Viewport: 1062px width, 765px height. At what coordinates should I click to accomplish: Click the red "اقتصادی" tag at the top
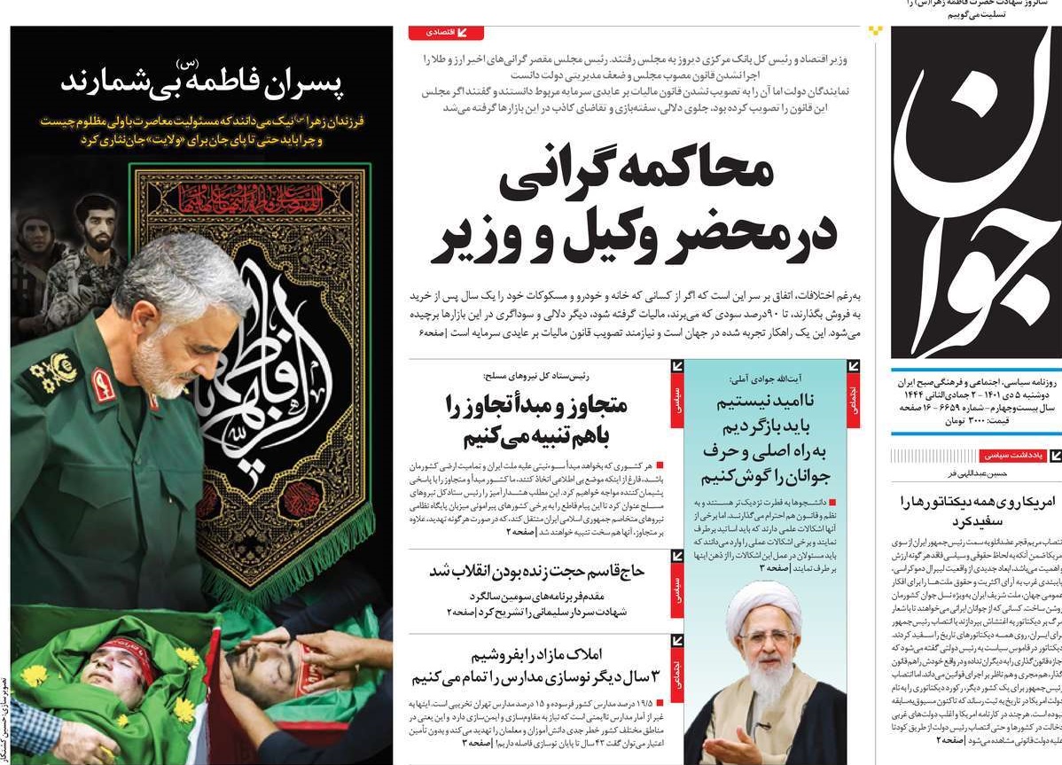446,33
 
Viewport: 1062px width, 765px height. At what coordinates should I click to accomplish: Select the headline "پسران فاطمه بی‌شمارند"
202,82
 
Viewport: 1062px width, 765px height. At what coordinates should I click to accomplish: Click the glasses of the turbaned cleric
766,636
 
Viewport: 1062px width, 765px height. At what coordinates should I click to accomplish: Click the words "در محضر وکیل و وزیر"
634,238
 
